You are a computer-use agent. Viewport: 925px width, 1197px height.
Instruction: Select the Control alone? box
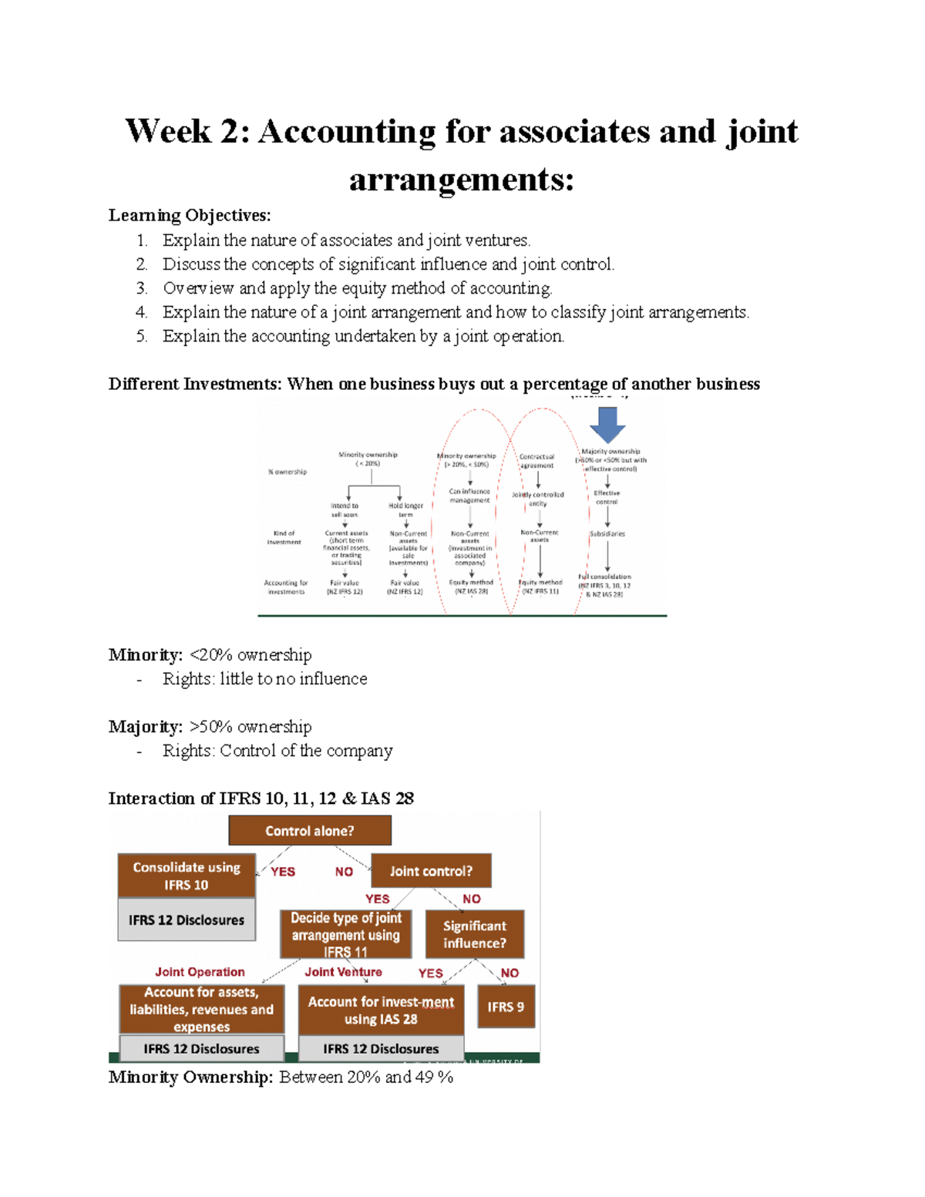[310, 831]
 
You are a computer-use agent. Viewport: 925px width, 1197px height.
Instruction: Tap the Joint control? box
[431, 871]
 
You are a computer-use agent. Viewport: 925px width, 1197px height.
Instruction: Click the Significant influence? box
[475, 934]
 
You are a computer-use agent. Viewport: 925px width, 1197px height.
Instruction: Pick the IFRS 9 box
[506, 1007]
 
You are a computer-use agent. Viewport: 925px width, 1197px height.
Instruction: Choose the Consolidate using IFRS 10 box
[187, 876]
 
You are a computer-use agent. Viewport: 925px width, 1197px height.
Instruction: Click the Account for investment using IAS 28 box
[381, 1010]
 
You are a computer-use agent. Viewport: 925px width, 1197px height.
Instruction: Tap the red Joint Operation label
[200, 972]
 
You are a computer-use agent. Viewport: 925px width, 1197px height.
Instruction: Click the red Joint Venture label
[343, 972]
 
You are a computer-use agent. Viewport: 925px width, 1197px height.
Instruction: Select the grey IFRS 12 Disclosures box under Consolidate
[187, 920]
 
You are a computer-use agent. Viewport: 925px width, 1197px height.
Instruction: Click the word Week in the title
[167, 131]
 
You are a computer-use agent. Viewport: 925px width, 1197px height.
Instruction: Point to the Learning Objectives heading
[190, 215]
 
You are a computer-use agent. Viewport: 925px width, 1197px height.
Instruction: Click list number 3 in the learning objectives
[142, 288]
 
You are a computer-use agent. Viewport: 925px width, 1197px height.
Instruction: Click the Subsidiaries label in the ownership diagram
[607, 533]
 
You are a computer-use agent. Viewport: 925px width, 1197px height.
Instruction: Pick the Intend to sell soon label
[345, 510]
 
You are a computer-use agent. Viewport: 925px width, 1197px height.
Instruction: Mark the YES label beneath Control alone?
[283, 872]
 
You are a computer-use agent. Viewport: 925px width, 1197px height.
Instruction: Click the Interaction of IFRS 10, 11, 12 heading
[261, 799]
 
